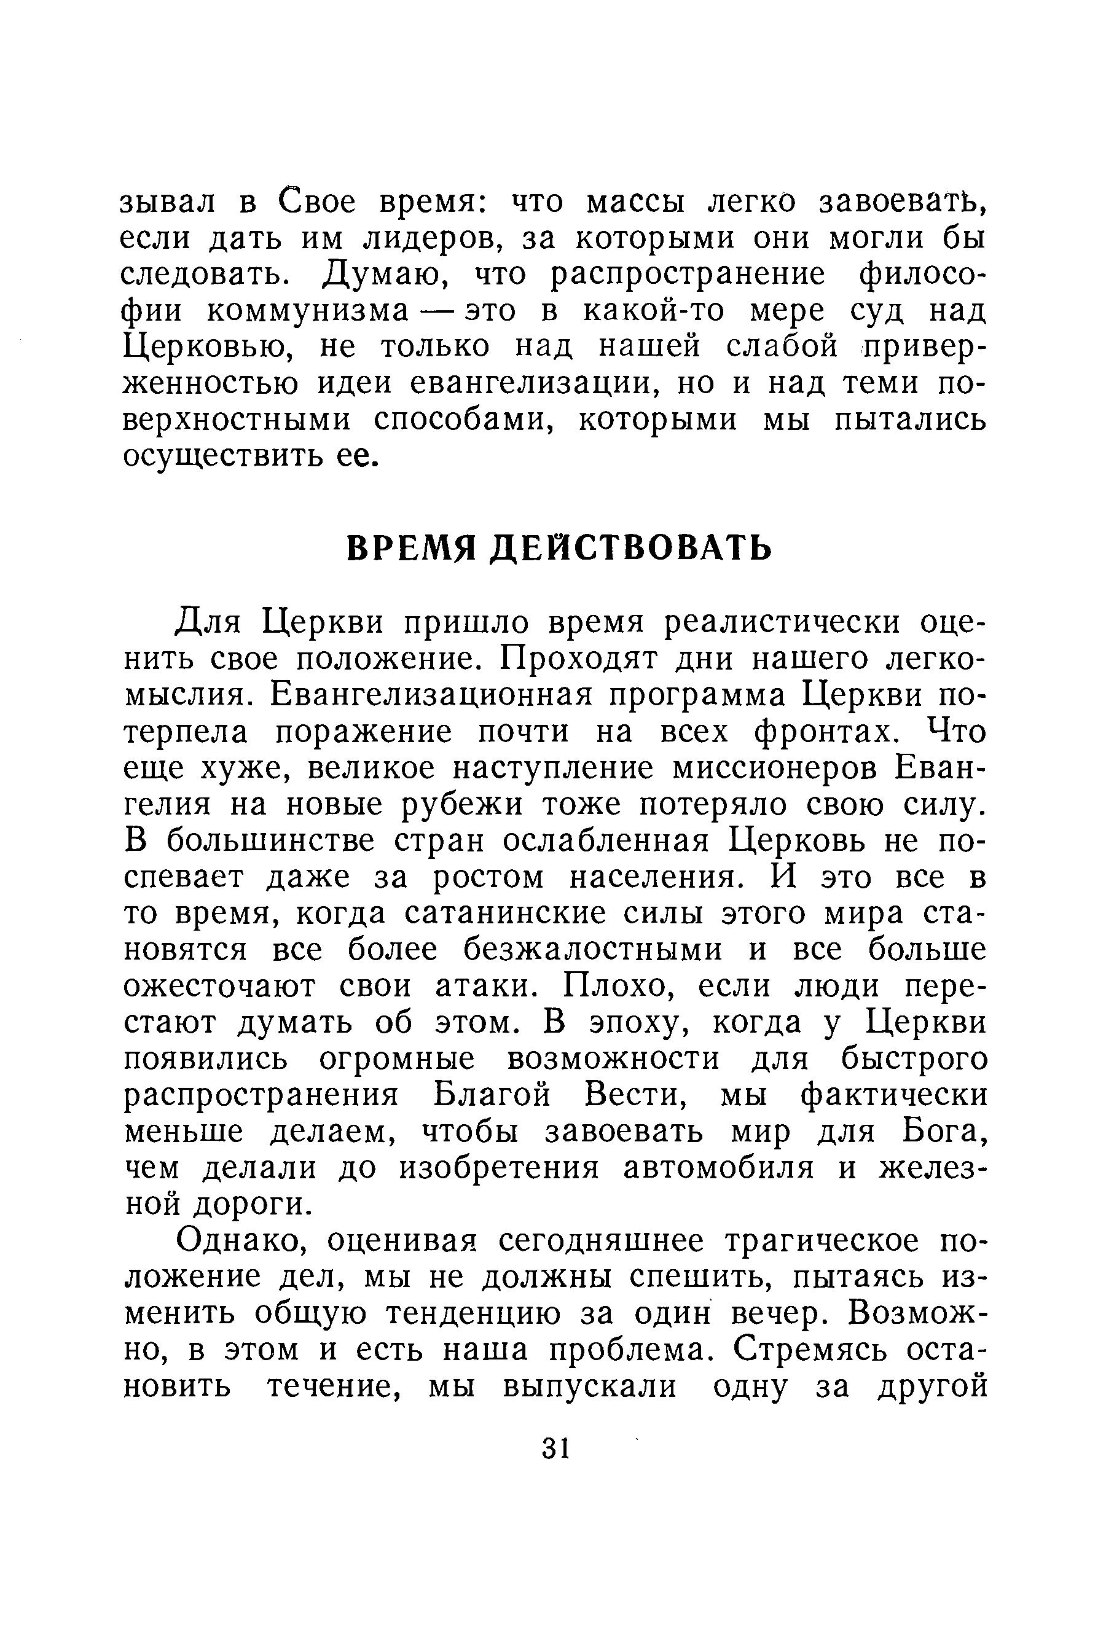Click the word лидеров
point(431,238)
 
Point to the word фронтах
point(826,732)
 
